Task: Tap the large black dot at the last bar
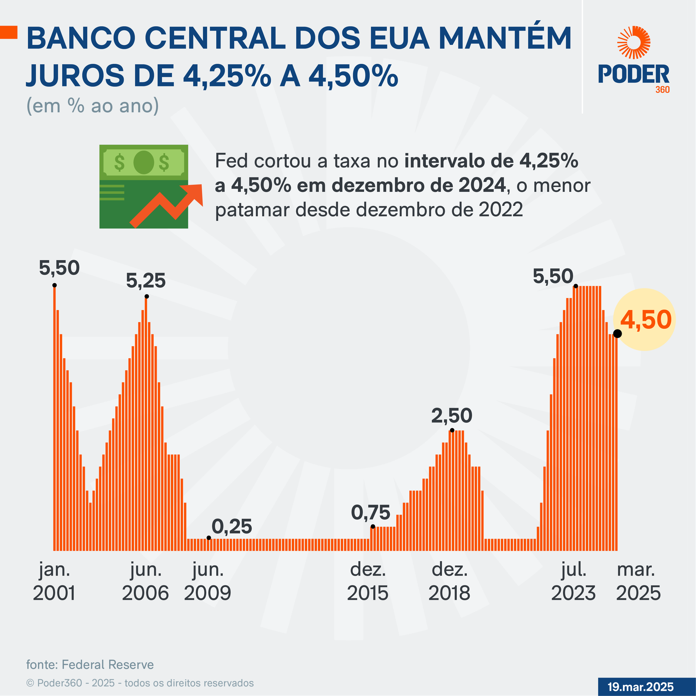617,334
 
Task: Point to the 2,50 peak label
452,416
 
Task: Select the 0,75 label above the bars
371,513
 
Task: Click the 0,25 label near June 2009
232,527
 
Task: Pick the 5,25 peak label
146,281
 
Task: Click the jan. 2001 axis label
54,581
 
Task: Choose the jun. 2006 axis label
145,581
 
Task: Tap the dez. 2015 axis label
368,581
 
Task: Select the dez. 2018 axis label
449,581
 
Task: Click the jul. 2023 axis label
573,581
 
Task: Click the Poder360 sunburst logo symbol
634,42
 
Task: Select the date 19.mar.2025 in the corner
640,687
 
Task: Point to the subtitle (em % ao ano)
93,106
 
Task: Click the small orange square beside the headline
9,33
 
